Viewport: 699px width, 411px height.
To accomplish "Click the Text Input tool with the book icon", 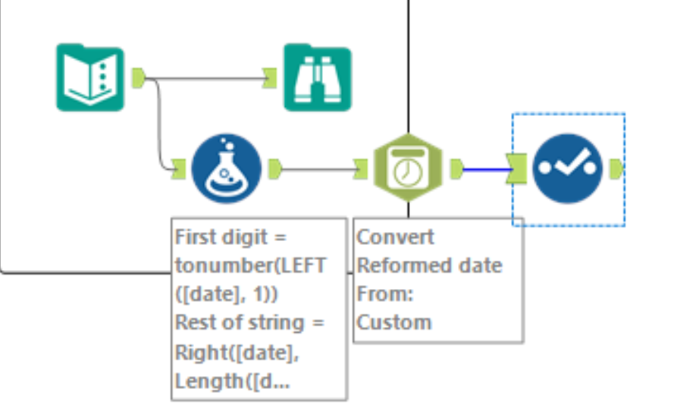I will click(x=89, y=77).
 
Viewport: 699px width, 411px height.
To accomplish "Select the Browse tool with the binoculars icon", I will click(x=317, y=77).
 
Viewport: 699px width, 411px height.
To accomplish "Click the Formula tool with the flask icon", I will click(x=226, y=168).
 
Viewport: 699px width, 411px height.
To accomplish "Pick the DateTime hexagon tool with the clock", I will click(x=408, y=169).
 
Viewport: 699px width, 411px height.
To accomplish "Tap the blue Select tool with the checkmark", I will click(x=567, y=168).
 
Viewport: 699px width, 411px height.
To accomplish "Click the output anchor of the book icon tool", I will click(x=138, y=77).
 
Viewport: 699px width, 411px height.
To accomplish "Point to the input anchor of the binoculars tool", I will click(x=270, y=77).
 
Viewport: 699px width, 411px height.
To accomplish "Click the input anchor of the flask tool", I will click(x=179, y=168).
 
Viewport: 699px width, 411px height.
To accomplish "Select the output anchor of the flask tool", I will click(x=275, y=168).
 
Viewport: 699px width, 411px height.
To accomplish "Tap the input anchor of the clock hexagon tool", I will click(x=361, y=168).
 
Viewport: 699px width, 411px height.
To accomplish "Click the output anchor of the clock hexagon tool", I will click(x=456, y=168).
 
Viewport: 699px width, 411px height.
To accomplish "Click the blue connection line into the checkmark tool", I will click(x=485, y=168).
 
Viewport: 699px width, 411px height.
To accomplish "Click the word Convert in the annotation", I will click(x=396, y=237).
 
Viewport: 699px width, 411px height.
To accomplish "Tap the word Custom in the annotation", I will click(x=394, y=322).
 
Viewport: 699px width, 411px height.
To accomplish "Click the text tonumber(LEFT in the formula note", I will click(x=250, y=265).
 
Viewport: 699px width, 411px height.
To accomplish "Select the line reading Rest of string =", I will click(x=249, y=322).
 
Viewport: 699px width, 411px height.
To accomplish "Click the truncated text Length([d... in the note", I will click(x=231, y=381).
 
